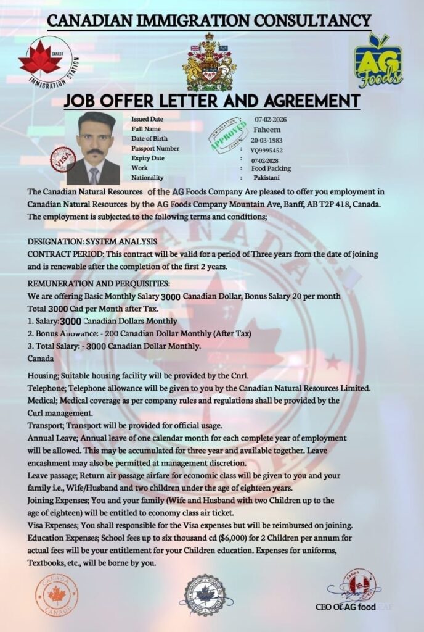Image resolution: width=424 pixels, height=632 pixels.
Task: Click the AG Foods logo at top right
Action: point(377,60)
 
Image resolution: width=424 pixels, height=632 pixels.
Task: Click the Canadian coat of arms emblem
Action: point(209,62)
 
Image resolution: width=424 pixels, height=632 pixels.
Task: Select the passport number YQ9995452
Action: point(267,149)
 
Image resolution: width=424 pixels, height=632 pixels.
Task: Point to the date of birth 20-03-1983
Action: point(267,139)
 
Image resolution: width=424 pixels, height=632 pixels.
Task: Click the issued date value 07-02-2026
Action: point(270,119)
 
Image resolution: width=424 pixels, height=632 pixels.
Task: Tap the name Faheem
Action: point(266,130)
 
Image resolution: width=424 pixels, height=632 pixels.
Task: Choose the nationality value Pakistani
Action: point(266,178)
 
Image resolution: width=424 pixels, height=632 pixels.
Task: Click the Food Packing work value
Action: point(271,168)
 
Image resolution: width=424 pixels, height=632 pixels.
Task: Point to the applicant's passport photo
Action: point(94,148)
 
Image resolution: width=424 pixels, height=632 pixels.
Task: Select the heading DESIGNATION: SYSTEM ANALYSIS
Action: point(92,241)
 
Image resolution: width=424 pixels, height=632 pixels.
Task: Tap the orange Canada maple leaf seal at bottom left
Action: point(56,594)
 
